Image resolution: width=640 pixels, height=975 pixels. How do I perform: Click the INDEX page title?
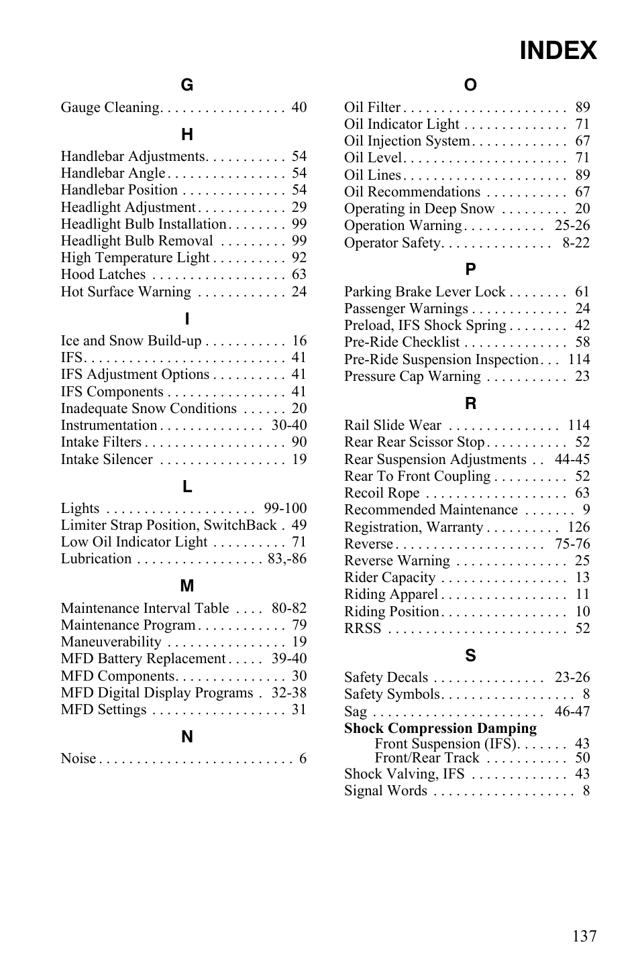pyautogui.click(x=557, y=51)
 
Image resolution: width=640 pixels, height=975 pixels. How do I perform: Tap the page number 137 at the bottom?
pyautogui.click(x=584, y=936)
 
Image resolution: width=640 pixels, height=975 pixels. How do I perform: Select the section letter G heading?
pyautogui.click(x=186, y=85)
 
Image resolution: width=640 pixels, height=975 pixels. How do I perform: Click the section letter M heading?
pyautogui.click(x=186, y=586)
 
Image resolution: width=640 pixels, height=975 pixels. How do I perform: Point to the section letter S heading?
pyautogui.click(x=470, y=656)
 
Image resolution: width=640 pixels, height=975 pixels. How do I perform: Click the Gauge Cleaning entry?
pyautogui.click(x=110, y=107)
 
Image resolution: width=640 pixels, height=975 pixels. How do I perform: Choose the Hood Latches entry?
pyautogui.click(x=103, y=274)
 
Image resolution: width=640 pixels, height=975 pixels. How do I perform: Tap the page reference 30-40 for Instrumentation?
pyautogui.click(x=289, y=425)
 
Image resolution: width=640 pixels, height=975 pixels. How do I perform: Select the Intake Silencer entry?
pyautogui.click(x=107, y=459)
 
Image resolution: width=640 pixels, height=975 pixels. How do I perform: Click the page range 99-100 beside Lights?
pyautogui.click(x=285, y=508)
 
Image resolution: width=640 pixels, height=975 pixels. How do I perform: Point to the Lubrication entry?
pyautogui.click(x=96, y=559)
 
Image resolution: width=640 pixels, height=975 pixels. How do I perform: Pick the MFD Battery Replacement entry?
pyautogui.click(x=143, y=658)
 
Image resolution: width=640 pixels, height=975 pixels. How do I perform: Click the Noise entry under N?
pyautogui.click(x=78, y=758)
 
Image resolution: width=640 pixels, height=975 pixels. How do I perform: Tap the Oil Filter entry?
pyautogui.click(x=372, y=107)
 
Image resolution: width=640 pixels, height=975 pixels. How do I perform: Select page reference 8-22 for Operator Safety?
pyautogui.click(x=576, y=243)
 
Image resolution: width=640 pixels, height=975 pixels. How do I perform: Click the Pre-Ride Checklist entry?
pyautogui.click(x=402, y=342)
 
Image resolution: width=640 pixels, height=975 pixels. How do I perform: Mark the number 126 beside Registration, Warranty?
pyautogui.click(x=578, y=527)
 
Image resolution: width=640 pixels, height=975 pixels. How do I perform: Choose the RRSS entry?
pyautogui.click(x=362, y=628)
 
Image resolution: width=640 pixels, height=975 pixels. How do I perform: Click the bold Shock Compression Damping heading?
pyautogui.click(x=440, y=728)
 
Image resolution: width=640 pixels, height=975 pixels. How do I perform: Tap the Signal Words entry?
pyautogui.click(x=385, y=791)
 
